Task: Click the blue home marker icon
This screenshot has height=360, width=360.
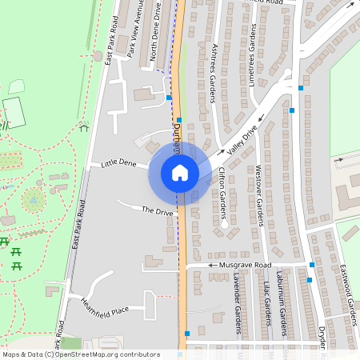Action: point(180,173)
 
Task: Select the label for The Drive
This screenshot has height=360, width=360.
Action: point(158,211)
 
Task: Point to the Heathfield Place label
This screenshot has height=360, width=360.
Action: point(104,306)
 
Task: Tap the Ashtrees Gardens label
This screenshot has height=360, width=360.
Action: point(213,73)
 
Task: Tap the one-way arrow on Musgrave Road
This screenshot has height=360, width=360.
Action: point(214,264)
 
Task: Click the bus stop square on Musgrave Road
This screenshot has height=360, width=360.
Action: point(311,264)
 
